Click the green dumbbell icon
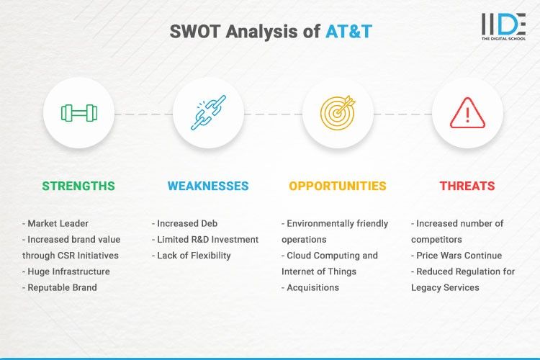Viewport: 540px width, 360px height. tap(78, 113)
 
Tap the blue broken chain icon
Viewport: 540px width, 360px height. tap(208, 113)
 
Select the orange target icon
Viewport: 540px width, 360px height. tap(338, 113)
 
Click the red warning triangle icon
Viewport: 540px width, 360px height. tap(467, 113)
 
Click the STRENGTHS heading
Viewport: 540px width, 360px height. tap(78, 186)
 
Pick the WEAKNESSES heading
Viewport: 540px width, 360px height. tap(208, 186)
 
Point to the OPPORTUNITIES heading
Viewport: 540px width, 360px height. tap(338, 186)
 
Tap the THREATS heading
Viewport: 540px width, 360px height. tap(467, 186)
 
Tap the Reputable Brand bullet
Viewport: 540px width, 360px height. tap(63, 287)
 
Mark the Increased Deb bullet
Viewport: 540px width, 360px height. tap(186, 223)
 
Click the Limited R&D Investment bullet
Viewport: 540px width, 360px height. tap(205, 239)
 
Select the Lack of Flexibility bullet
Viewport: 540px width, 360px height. tap(192, 255)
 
